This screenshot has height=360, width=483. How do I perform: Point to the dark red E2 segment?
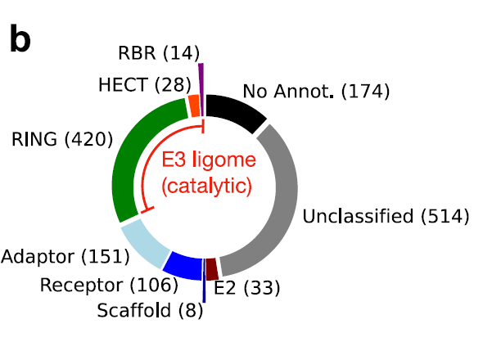click(x=212, y=269)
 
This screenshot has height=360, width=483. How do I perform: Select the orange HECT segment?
click(x=194, y=106)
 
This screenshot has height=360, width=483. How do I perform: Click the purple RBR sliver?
click(x=201, y=89)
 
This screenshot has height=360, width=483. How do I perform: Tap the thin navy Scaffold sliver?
click(x=204, y=281)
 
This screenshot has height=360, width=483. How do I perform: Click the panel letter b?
click(x=20, y=38)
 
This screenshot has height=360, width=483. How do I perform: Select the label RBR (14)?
click(x=159, y=52)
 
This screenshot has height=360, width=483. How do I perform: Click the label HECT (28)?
click(x=145, y=84)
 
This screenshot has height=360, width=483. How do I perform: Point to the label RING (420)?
click(x=62, y=139)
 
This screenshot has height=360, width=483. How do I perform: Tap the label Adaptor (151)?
click(x=65, y=257)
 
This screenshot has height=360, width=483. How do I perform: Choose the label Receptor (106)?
click(x=109, y=285)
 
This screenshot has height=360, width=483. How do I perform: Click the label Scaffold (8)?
click(x=150, y=310)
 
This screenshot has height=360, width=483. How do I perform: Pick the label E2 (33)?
click(x=247, y=288)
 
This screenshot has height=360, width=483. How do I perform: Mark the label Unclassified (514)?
click(x=386, y=216)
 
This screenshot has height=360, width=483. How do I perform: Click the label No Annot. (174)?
click(x=316, y=91)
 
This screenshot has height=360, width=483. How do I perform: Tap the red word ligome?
click(x=224, y=160)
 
